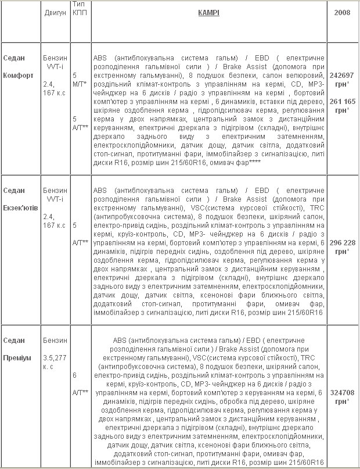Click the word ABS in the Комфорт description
click(x=100, y=59)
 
